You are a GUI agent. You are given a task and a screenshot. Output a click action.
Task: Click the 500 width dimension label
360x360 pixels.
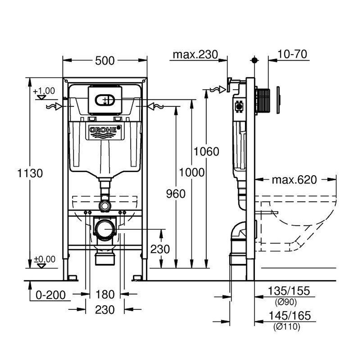pyautogui.click(x=105, y=61)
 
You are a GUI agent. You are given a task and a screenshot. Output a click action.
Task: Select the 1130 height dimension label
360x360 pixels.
pyautogui.click(x=30, y=173)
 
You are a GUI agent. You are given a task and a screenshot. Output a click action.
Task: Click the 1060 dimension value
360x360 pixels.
pyautogui.click(x=207, y=152)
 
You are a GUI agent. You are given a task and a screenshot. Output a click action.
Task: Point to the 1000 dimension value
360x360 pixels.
pyautogui.click(x=192, y=172)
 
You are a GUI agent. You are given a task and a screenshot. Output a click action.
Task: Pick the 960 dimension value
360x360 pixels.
pyautogui.click(x=176, y=194)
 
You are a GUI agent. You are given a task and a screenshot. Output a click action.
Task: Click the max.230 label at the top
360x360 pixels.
pyautogui.click(x=195, y=55)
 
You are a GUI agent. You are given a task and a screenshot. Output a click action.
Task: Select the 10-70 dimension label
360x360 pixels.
pyautogui.click(x=292, y=54)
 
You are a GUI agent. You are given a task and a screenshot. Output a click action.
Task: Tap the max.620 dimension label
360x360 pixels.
pyautogui.click(x=294, y=180)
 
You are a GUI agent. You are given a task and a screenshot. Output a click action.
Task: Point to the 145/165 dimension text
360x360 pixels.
pyautogui.click(x=290, y=316)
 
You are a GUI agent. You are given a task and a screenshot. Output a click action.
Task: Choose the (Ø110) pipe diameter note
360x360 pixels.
pyautogui.click(x=287, y=326)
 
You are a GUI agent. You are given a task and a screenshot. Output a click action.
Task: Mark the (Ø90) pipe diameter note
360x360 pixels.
pyautogui.click(x=286, y=302)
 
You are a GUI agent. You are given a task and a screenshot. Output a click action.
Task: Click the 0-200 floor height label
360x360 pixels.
pyautogui.click(x=51, y=295)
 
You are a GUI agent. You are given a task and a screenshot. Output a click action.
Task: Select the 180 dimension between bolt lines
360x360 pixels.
pyautogui.click(x=105, y=294)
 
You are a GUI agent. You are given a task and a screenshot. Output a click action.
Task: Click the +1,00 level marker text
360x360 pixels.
pyautogui.click(x=44, y=91)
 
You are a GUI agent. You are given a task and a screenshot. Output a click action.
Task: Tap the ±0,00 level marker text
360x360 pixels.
pyautogui.click(x=45, y=259)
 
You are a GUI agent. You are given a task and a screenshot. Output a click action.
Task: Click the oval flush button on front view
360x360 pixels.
pyautogui.click(x=105, y=100)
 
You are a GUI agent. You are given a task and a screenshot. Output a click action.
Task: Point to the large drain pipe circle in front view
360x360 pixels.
pyautogui.click(x=105, y=229)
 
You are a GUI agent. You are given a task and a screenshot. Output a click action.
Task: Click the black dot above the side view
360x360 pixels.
pyautogui.click(x=255, y=60)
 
